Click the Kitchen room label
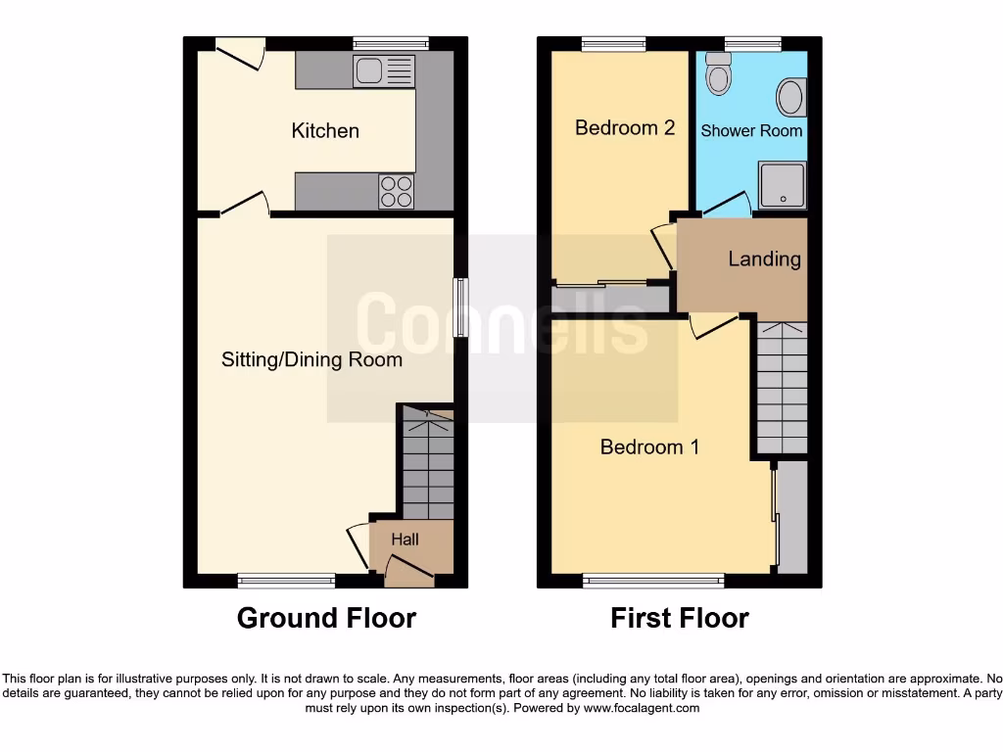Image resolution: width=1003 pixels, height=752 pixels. (x=325, y=130)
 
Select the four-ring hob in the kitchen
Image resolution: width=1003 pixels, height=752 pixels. (x=396, y=190)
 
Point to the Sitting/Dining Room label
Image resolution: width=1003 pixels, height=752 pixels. (x=311, y=359)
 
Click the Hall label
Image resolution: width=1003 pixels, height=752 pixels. (x=405, y=540)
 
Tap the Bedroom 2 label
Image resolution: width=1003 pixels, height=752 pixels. (x=625, y=127)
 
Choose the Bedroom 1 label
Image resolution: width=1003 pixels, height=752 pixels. (x=649, y=446)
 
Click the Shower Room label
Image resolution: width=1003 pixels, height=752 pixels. (x=751, y=130)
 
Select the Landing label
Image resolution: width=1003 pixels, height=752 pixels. (x=764, y=258)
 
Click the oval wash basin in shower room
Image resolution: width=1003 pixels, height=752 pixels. (x=788, y=98)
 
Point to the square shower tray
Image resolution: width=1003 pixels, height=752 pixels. (x=782, y=186)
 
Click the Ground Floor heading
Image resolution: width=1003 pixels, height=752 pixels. (x=326, y=618)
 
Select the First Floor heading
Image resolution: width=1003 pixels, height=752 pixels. (x=680, y=618)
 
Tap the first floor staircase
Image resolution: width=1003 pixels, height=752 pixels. (x=782, y=388)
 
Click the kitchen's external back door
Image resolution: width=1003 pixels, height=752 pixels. (x=240, y=53)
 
